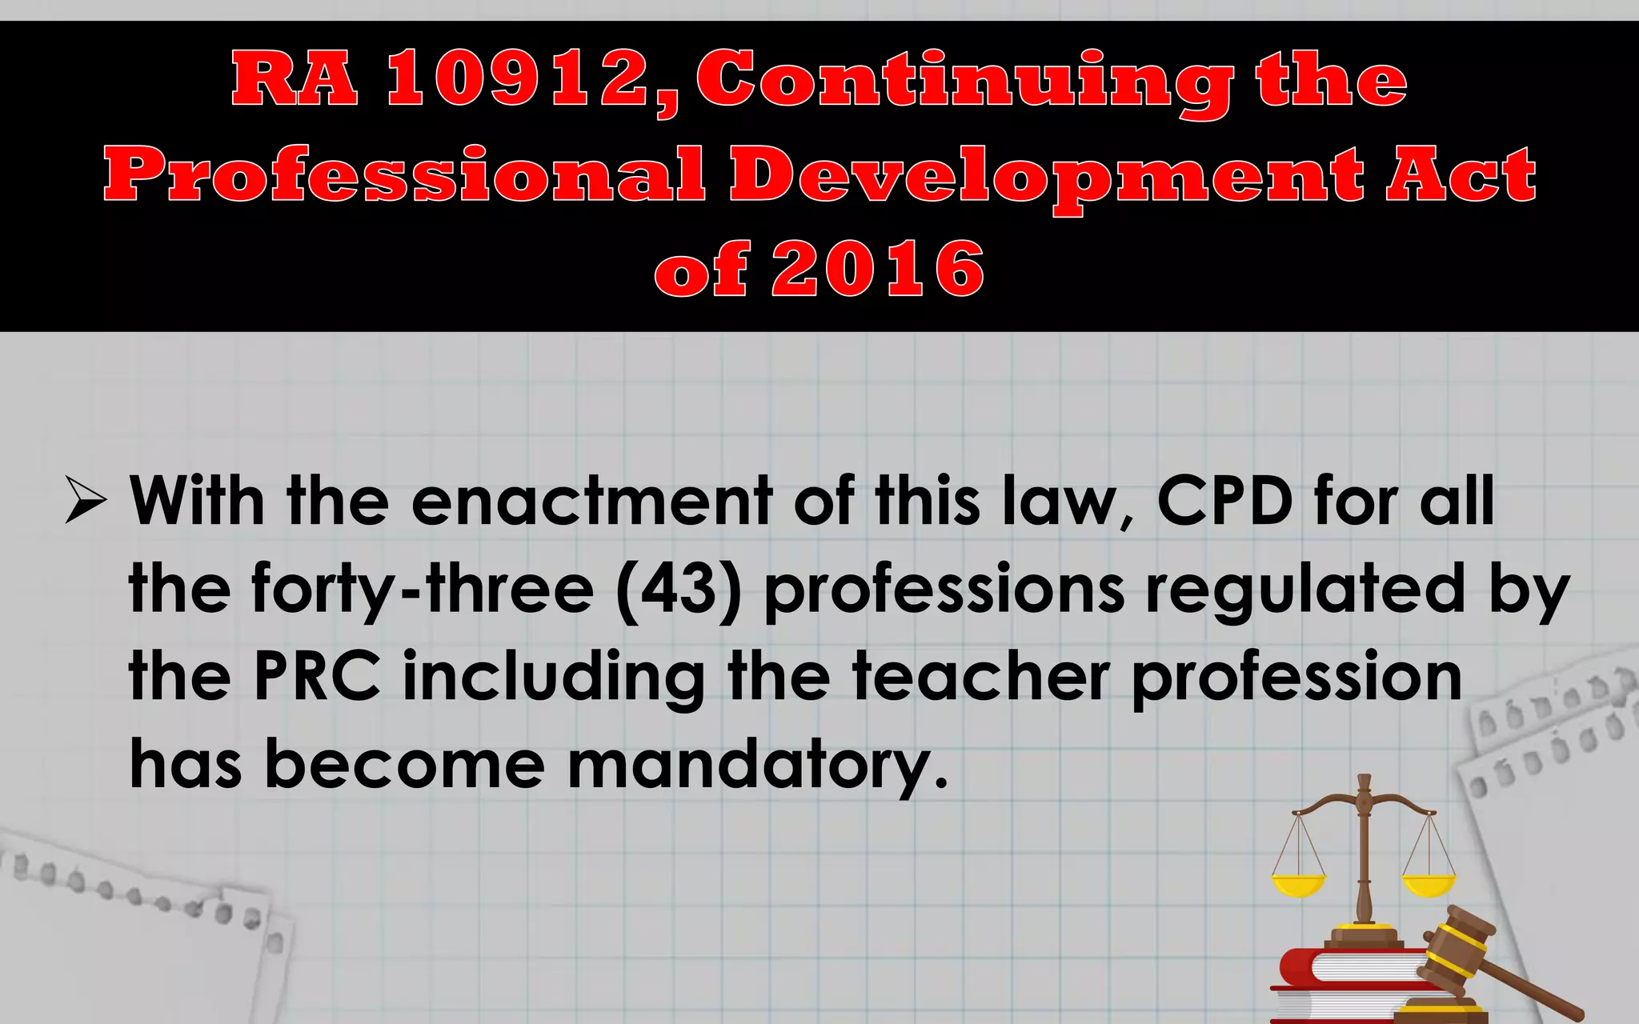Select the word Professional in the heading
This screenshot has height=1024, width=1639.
point(404,174)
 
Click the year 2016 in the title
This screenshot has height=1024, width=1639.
point(877,269)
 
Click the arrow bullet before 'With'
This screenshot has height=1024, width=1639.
point(86,501)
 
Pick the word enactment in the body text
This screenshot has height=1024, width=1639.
point(592,501)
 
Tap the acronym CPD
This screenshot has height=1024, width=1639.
point(1224,501)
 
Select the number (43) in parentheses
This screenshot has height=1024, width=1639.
point(679,589)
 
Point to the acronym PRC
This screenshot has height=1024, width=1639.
point(317,677)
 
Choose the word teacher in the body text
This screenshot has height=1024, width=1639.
point(980,677)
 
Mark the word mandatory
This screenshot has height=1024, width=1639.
point(756,765)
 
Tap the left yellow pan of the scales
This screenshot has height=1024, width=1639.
point(1298,885)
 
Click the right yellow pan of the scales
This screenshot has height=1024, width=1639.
point(1429,885)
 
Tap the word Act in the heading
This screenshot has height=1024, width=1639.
point(1461,174)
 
